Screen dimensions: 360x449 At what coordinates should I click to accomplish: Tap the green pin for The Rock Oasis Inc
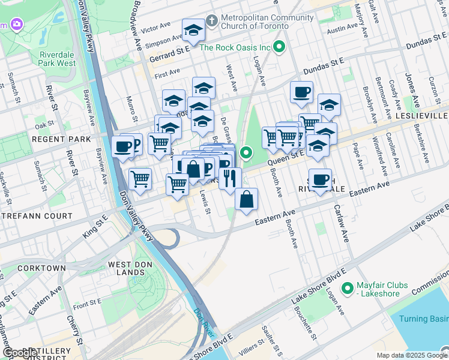(279, 47)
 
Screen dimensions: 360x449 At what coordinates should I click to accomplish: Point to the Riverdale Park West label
(58, 58)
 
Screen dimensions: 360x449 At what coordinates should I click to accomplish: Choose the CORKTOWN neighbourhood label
(41, 268)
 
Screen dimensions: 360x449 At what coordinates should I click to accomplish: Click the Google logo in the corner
(20, 353)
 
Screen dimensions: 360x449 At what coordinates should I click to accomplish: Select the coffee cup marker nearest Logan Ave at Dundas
(301, 92)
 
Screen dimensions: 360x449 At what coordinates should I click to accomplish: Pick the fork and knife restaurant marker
(230, 178)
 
